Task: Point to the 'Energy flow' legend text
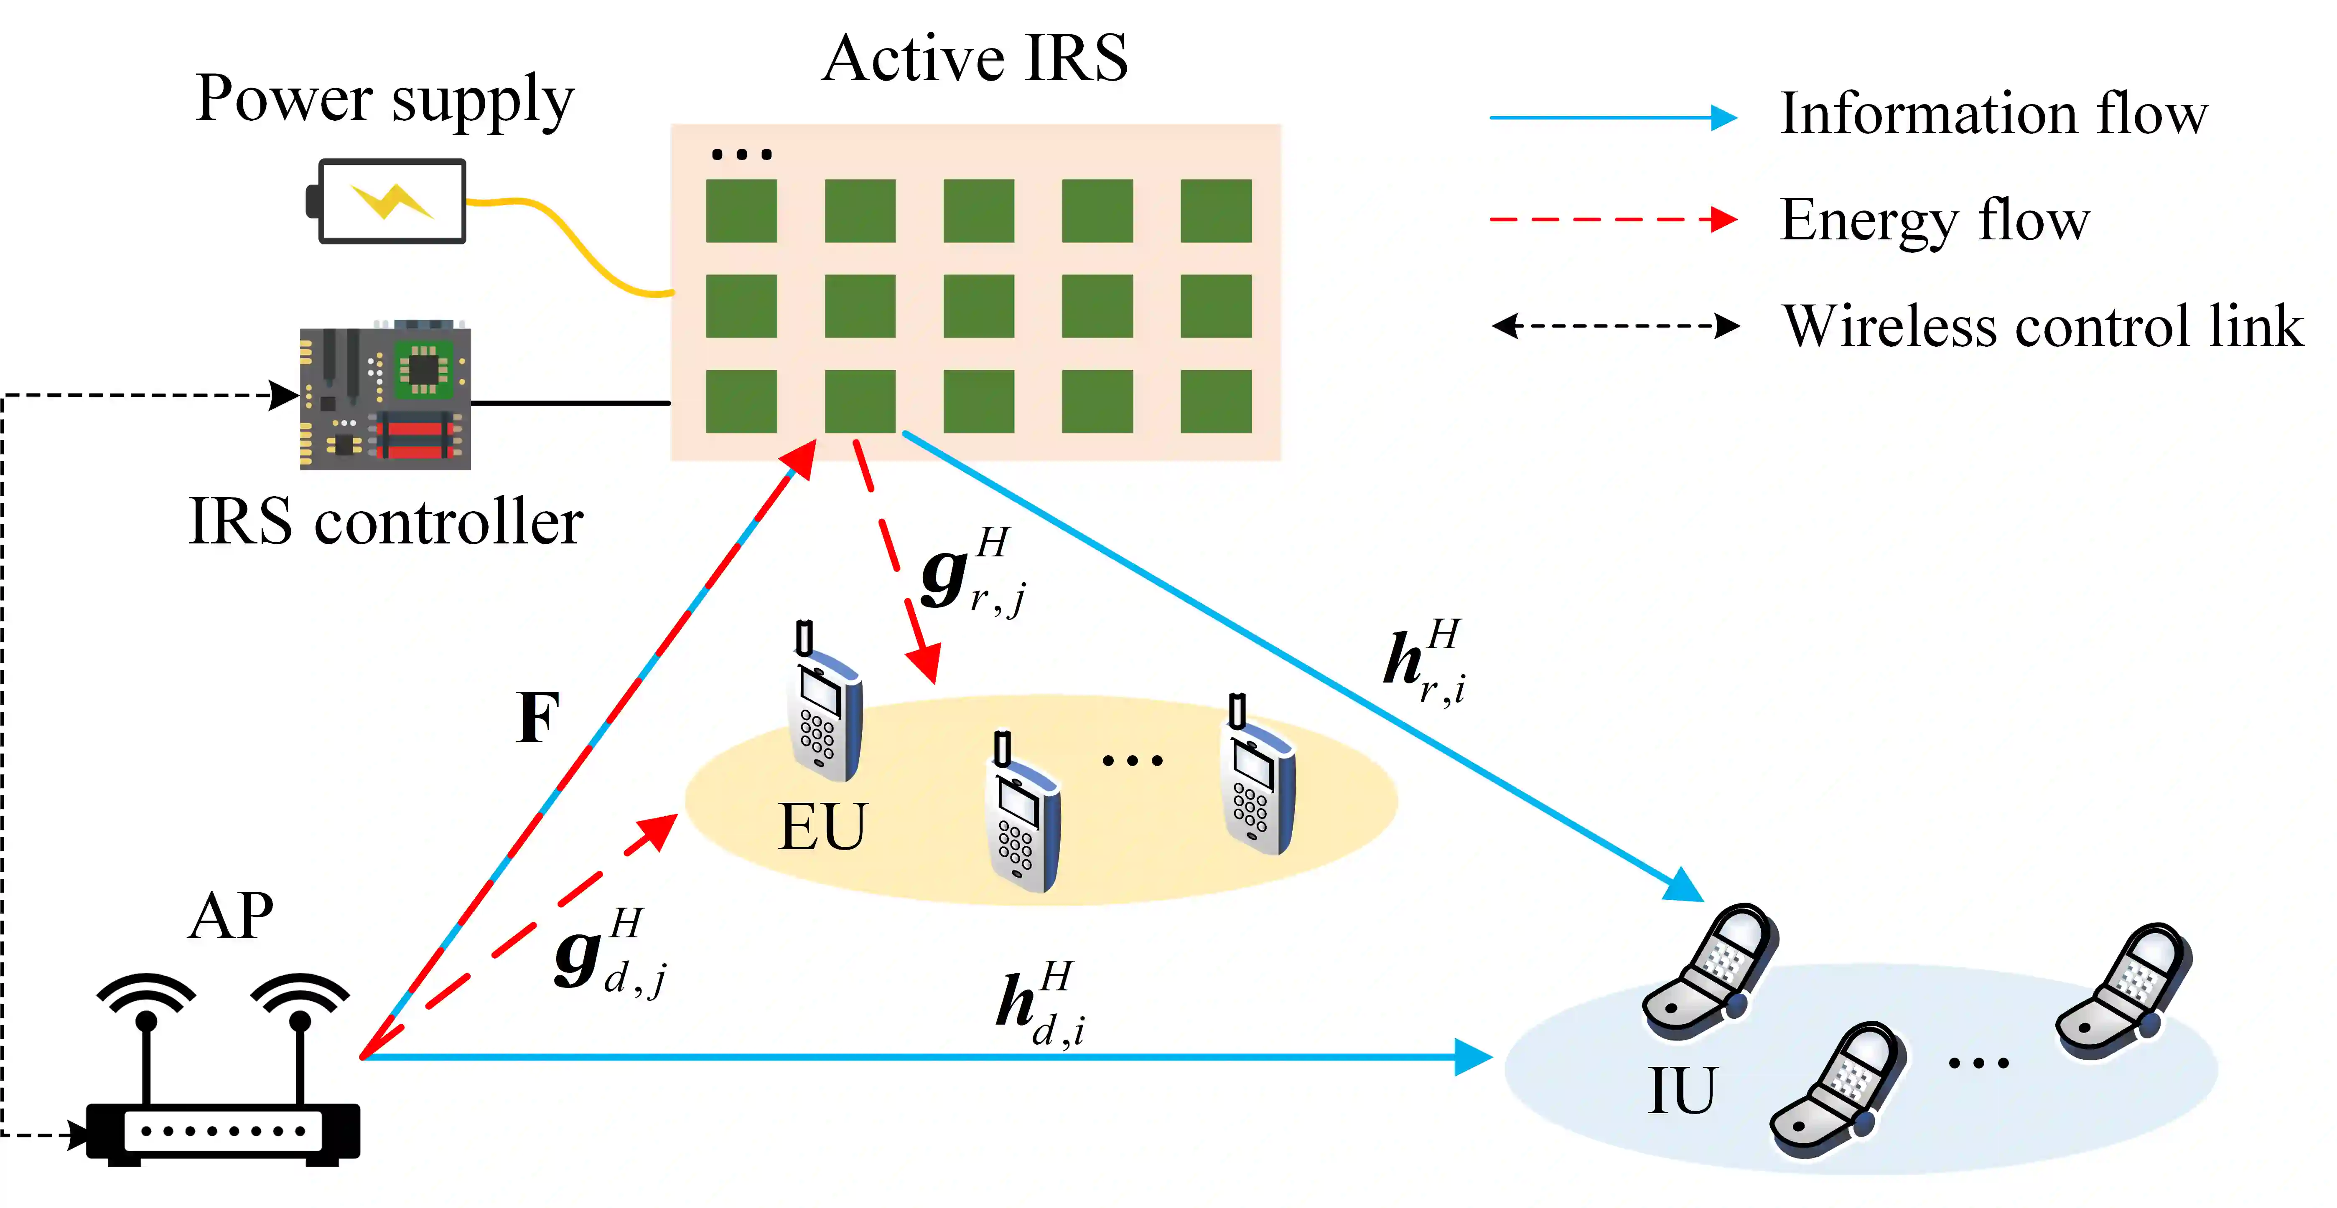tap(1934, 221)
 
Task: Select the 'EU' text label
tap(822, 827)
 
